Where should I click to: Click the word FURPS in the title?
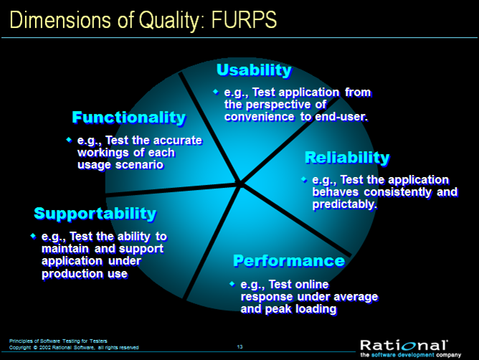[244, 20]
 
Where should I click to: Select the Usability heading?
[254, 70]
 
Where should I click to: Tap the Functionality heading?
[129, 118]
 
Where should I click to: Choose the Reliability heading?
[347, 158]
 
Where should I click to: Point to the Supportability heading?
[95, 214]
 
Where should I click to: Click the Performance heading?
[289, 261]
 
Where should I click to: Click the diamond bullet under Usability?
[216, 92]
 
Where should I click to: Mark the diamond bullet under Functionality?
[69, 140]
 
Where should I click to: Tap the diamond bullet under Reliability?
[304, 179]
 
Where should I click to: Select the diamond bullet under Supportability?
[33, 236]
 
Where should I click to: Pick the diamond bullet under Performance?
[232, 284]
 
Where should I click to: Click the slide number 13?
[239, 347]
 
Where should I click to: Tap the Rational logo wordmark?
[404, 346]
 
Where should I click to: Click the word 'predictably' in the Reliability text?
[345, 204]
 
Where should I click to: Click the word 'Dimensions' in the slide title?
[60, 20]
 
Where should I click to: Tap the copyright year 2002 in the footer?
[45, 348]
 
